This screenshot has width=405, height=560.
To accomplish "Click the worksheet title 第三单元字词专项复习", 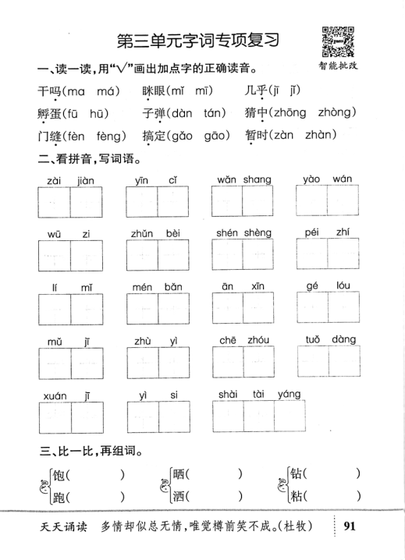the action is pos(197,40).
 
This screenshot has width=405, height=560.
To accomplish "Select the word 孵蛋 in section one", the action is pos(49,112).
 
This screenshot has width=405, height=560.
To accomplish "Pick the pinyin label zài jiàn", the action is pos(69,181).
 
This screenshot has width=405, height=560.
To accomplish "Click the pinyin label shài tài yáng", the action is pos(259,394).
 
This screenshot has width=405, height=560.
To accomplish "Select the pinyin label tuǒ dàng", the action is pos(331,340).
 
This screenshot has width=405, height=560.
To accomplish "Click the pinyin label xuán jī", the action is pos(69,395).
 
